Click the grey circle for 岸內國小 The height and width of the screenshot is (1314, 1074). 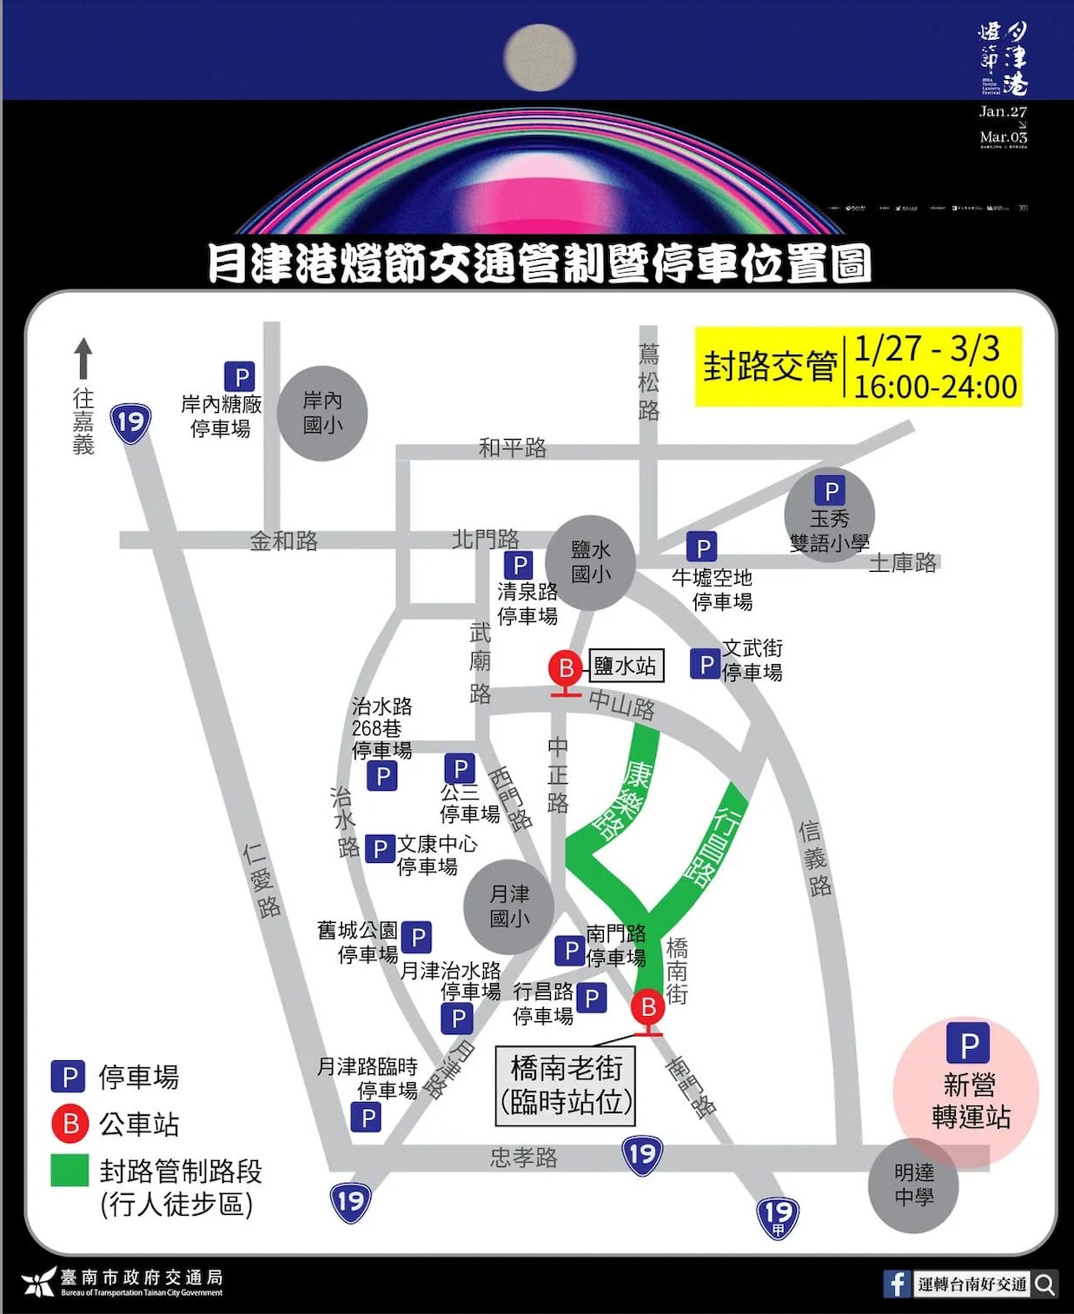pyautogui.click(x=322, y=413)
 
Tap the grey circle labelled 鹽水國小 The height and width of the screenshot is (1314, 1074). pyautogui.click(x=591, y=561)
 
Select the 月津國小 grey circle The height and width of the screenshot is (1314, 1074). pyautogui.click(x=509, y=906)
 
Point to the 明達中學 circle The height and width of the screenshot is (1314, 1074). pyautogui.click(x=913, y=1185)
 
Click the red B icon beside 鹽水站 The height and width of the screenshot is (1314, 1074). pyautogui.click(x=566, y=668)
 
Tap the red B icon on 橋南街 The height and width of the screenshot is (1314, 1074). pyautogui.click(x=648, y=1007)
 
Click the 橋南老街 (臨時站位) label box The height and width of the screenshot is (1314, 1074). pyautogui.click(x=567, y=1085)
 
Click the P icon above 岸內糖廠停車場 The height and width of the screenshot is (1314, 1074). pyautogui.click(x=240, y=377)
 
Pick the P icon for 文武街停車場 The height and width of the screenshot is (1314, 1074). pyautogui.click(x=706, y=665)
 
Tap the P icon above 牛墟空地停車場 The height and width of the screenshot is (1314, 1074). pyautogui.click(x=701, y=547)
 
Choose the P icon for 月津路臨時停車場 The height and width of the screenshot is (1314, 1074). pyautogui.click(x=367, y=1118)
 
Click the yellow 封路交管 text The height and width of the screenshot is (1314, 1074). pyautogui.click(x=770, y=367)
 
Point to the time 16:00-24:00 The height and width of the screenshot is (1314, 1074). pyautogui.click(x=935, y=387)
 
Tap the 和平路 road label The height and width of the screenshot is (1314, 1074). pyautogui.click(x=513, y=448)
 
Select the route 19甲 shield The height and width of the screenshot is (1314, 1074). pyautogui.click(x=778, y=1216)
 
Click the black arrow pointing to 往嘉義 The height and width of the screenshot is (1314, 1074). pyautogui.click(x=83, y=358)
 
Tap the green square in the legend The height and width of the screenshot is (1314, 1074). pyautogui.click(x=70, y=1170)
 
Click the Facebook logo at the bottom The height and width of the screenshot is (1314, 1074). pyautogui.click(x=896, y=1284)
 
